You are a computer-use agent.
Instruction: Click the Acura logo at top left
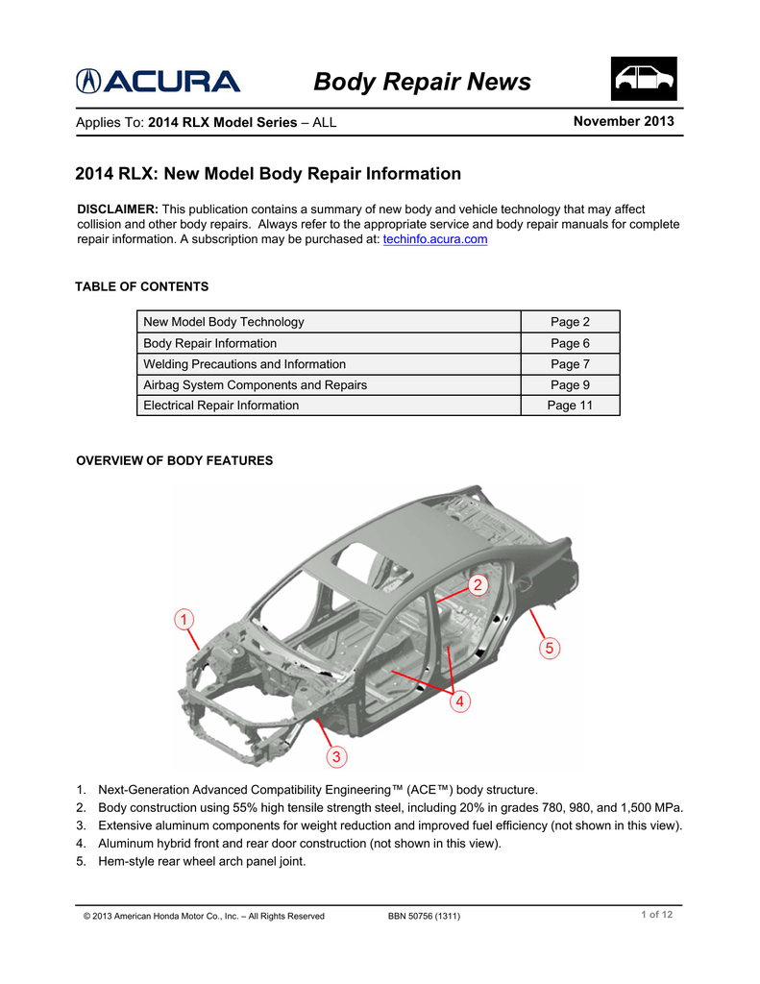[159, 83]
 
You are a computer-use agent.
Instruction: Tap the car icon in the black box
[644, 79]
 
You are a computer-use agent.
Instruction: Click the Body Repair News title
[422, 83]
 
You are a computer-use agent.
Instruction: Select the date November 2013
[623, 121]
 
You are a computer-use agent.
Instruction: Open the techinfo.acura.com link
[435, 239]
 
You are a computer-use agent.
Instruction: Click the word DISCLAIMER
[117, 209]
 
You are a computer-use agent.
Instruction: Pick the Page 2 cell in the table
[570, 322]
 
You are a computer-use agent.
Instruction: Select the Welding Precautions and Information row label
[244, 364]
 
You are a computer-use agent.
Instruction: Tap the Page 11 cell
[570, 406]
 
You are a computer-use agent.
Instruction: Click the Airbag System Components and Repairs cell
[255, 384]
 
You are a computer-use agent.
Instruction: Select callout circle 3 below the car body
[335, 757]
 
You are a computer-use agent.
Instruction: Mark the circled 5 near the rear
[549, 649]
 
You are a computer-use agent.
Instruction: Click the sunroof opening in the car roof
[356, 559]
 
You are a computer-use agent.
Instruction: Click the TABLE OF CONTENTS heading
[141, 286]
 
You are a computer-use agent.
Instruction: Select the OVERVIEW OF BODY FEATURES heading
[174, 460]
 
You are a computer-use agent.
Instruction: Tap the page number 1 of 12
[656, 915]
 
